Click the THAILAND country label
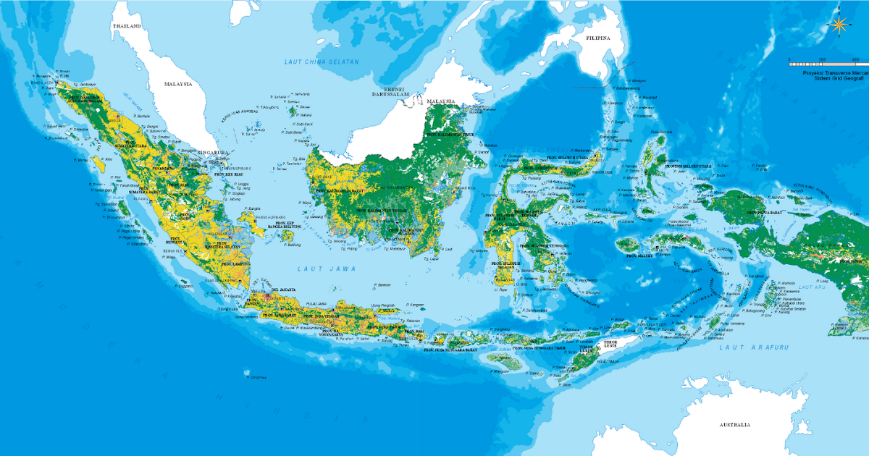pyautogui.click(x=125, y=25)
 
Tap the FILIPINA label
pyautogui.click(x=598, y=37)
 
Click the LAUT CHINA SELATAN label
pyautogui.click(x=321, y=62)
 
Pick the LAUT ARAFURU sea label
pyautogui.click(x=743, y=348)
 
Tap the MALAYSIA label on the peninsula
pyautogui.click(x=177, y=84)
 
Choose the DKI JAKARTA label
pyautogui.click(x=283, y=290)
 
